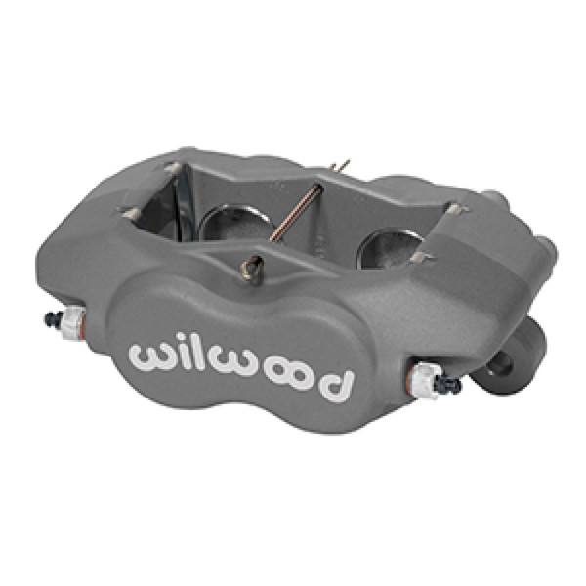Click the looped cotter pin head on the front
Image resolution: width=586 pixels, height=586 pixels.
[x=251, y=264]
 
